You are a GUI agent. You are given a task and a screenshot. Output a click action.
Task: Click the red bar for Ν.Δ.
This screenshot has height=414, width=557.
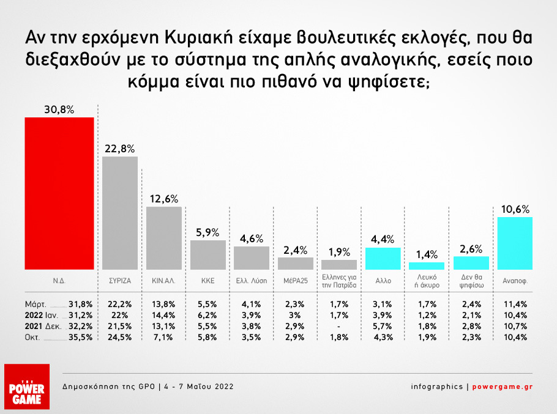tap(59, 193)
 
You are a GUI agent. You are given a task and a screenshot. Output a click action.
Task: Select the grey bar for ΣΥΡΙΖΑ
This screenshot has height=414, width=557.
tap(120, 213)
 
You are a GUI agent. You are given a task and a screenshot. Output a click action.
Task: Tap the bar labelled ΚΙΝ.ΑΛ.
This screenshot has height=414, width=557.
tap(164, 238)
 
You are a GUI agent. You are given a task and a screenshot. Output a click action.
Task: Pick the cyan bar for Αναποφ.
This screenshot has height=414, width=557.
tap(515, 243)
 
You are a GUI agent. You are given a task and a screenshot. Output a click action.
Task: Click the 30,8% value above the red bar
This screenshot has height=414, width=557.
tap(59, 110)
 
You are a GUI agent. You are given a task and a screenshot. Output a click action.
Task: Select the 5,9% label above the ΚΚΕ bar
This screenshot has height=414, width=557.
tap(207, 233)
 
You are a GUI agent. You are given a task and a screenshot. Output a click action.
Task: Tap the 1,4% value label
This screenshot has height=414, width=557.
tap(427, 255)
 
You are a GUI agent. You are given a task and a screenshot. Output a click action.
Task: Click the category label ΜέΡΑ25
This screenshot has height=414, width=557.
tap(295, 283)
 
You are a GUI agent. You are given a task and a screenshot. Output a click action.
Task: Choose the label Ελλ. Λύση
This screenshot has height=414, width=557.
tap(252, 283)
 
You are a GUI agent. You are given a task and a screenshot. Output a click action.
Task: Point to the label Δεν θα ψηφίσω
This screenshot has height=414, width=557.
tap(471, 283)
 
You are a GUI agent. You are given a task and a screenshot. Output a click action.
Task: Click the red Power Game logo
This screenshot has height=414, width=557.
tap(26, 387)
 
